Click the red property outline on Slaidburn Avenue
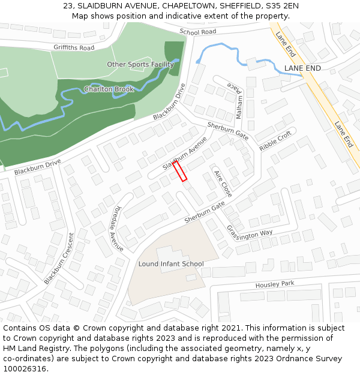pyautogui.click(x=180, y=170)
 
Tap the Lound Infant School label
pyautogui.click(x=171, y=264)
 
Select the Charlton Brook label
pyautogui.click(x=109, y=89)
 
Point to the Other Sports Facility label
pyautogui.click(x=140, y=64)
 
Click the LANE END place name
pyautogui.click(x=302, y=68)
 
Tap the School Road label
pyautogui.click(x=197, y=32)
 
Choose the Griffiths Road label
pyautogui.click(x=74, y=47)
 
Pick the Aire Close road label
pyautogui.click(x=223, y=183)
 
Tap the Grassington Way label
pyautogui.click(x=250, y=232)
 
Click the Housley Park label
pyautogui.click(x=275, y=284)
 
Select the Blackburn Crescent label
pyautogui.click(x=58, y=259)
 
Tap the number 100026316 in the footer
pyautogui.click(x=24, y=368)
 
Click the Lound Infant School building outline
pyautogui.click(x=162, y=282)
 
